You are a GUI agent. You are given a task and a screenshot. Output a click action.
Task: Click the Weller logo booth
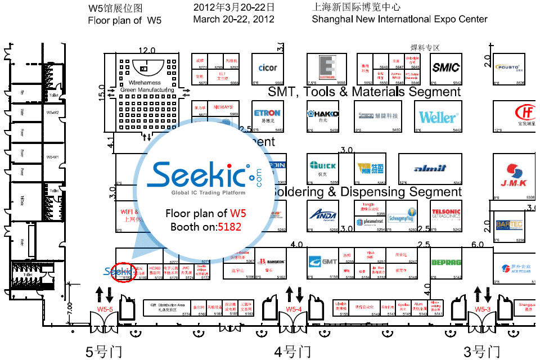pos(438,118)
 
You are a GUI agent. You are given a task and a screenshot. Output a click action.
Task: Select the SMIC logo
pos(445,67)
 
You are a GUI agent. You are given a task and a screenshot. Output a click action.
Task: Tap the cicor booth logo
pos(268,68)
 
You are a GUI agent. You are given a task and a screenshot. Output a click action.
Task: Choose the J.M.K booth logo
pos(514,176)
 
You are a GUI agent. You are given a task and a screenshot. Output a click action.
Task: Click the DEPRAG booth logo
pos(446,262)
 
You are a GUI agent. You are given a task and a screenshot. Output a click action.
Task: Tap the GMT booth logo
pos(323,262)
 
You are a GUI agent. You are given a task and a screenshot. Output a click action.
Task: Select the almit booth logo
pos(430,168)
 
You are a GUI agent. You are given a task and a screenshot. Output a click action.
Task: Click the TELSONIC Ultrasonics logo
pos(446,214)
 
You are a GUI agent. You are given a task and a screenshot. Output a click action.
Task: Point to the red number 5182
pos(232,227)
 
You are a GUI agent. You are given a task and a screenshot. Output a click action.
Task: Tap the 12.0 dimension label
pos(147,50)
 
